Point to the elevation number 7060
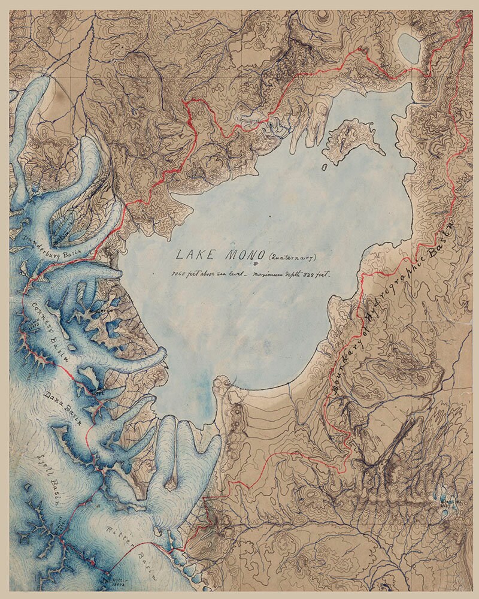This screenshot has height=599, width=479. pyautogui.click(x=178, y=274)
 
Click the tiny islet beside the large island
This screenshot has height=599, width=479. pyautogui.click(x=324, y=167)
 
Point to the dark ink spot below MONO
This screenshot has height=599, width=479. pyautogui.click(x=256, y=263)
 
